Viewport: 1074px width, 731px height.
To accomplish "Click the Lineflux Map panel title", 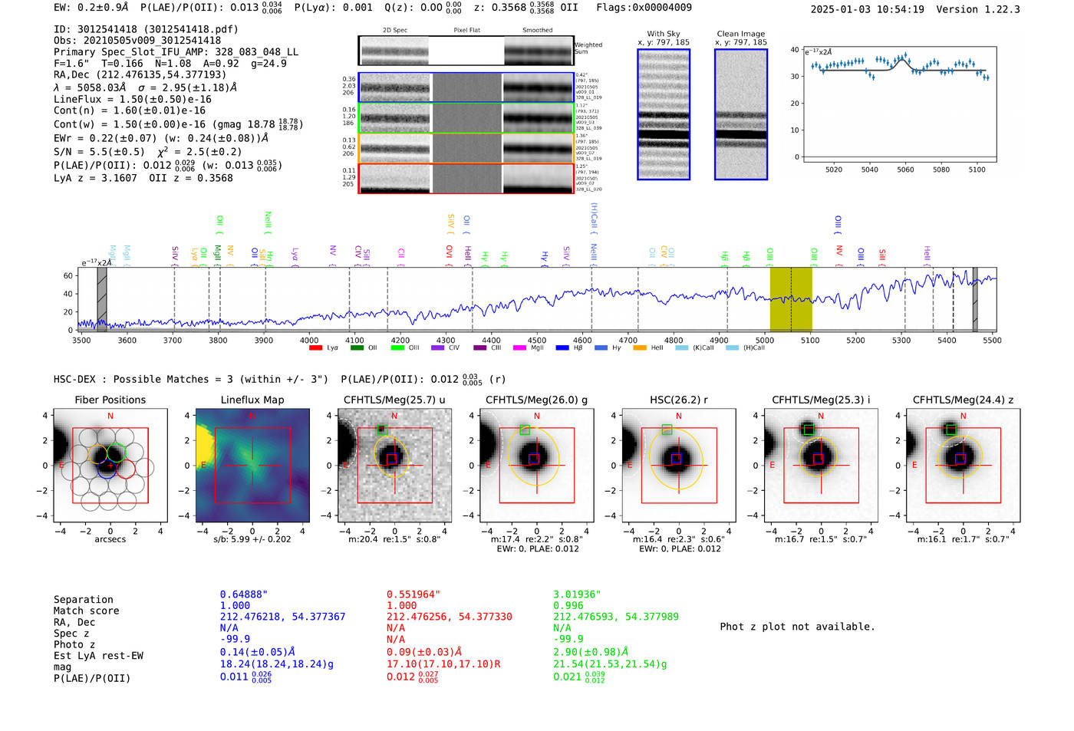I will click(x=252, y=400).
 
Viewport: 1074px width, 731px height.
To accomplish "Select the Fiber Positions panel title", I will click(x=110, y=400).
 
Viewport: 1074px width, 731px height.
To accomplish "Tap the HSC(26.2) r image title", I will click(x=678, y=400).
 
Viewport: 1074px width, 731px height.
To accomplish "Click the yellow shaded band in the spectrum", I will click(x=790, y=298).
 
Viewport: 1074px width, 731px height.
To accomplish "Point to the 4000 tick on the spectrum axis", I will click(x=309, y=341).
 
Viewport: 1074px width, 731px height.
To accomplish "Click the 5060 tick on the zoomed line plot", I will click(x=905, y=170).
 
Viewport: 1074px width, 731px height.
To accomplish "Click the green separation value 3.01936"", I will click(x=577, y=594).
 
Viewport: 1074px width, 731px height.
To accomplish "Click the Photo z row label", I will click(x=74, y=644).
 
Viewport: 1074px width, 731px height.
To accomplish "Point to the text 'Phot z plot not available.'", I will click(x=797, y=627).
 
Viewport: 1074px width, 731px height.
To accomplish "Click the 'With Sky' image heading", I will click(x=663, y=34).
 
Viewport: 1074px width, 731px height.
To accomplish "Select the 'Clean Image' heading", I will click(x=740, y=34).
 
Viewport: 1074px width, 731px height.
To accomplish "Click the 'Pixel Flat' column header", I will click(x=466, y=31).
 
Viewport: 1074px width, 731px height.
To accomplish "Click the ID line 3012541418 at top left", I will click(x=146, y=29).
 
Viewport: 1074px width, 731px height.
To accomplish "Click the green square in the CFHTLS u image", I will click(x=382, y=430).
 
